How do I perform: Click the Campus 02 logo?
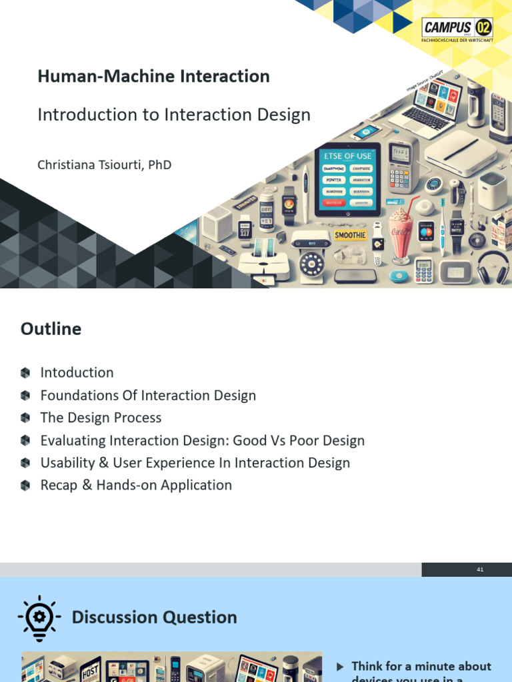click(x=457, y=30)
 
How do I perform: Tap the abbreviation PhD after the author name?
click(x=160, y=164)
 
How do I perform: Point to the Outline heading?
click(x=51, y=329)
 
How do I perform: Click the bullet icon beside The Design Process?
click(x=25, y=418)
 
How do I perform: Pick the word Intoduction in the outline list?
click(x=77, y=373)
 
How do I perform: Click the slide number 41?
click(x=480, y=569)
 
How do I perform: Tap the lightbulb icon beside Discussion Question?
click(x=39, y=617)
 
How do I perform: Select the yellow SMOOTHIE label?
click(x=349, y=235)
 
